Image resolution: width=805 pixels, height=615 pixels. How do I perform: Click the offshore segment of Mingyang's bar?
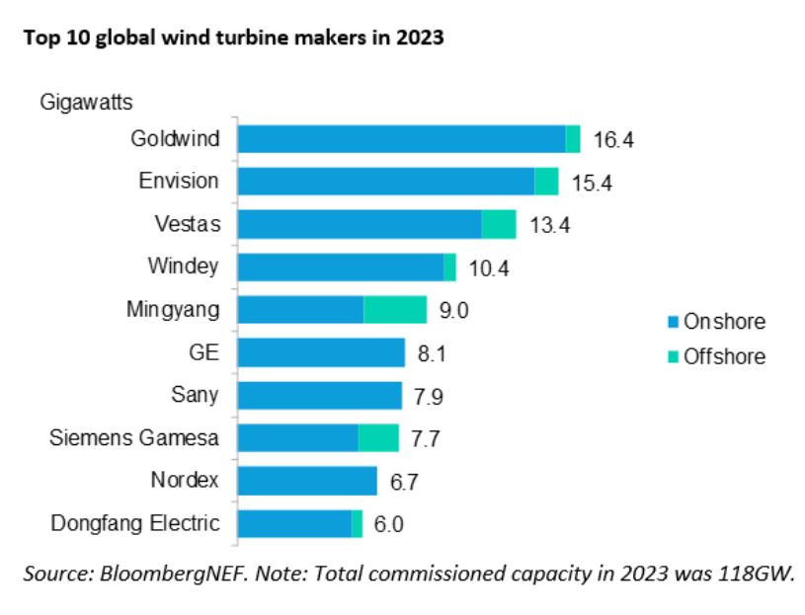pos(395,310)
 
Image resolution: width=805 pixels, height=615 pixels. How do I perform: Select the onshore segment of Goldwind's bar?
pos(401,139)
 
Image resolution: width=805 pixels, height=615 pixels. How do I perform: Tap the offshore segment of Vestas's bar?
pos(499,224)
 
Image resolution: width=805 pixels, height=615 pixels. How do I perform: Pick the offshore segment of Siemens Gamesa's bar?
pos(378,438)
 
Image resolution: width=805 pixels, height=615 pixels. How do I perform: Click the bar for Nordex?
pos(307,481)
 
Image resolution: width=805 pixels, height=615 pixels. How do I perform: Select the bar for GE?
pos(321,352)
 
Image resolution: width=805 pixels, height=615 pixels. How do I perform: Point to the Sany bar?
pos(320,396)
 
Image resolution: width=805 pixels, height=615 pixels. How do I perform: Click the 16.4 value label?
pos(612,140)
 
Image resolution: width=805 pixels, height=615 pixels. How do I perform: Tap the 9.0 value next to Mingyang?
pos(452,311)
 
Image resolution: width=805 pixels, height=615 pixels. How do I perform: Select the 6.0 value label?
pos(389,524)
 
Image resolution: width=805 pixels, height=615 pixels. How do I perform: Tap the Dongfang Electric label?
pos(135,523)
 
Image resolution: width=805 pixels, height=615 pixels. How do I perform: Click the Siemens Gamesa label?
pos(134,437)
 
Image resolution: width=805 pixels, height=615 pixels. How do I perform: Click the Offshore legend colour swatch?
pos(674,357)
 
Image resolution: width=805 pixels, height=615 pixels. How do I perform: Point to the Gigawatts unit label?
pos(87,101)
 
